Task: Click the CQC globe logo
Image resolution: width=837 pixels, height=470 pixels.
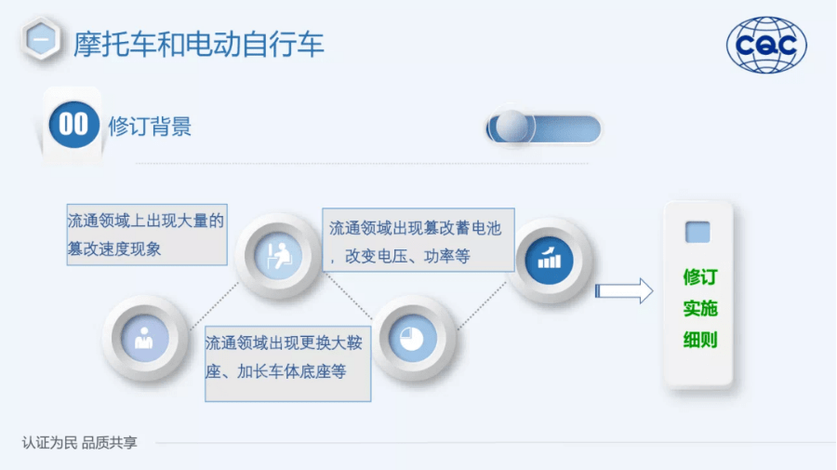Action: pyautogui.click(x=766, y=45)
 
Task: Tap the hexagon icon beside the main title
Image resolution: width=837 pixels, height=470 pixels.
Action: pyautogui.click(x=41, y=39)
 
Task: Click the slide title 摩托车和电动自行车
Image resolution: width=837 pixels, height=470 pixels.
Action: pyautogui.click(x=199, y=44)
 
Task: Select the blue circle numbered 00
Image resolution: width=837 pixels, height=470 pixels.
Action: pyautogui.click(x=73, y=125)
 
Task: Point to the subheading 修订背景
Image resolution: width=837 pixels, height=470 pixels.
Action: pyautogui.click(x=150, y=127)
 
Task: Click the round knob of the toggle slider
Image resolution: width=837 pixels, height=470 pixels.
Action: pyautogui.click(x=511, y=127)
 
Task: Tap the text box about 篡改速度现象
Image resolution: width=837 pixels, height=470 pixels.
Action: pyautogui.click(x=147, y=235)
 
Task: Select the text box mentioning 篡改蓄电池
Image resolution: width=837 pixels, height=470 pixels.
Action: pyautogui.click(x=418, y=240)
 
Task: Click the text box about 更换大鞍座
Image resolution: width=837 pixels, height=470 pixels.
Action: pyautogui.click(x=287, y=364)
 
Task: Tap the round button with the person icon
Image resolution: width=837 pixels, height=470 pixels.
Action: pyautogui.click(x=144, y=339)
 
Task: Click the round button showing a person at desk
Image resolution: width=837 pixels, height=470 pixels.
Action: pyautogui.click(x=278, y=256)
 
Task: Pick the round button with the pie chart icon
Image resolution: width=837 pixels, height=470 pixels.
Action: pyautogui.click(x=413, y=339)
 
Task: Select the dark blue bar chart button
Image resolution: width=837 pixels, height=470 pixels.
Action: pyautogui.click(x=550, y=260)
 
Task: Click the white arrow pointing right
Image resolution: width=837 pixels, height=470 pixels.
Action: pyautogui.click(x=624, y=291)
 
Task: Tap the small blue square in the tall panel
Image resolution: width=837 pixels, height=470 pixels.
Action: pyautogui.click(x=697, y=233)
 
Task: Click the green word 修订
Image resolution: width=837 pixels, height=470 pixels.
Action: pyautogui.click(x=699, y=277)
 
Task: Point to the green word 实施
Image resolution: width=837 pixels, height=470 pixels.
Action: pyautogui.click(x=699, y=309)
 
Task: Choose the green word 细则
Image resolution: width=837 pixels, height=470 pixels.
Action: pyautogui.click(x=699, y=340)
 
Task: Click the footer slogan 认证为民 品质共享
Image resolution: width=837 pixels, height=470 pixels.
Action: pyautogui.click(x=80, y=443)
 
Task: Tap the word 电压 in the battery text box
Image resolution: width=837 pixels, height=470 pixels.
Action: pyautogui.click(x=392, y=257)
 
